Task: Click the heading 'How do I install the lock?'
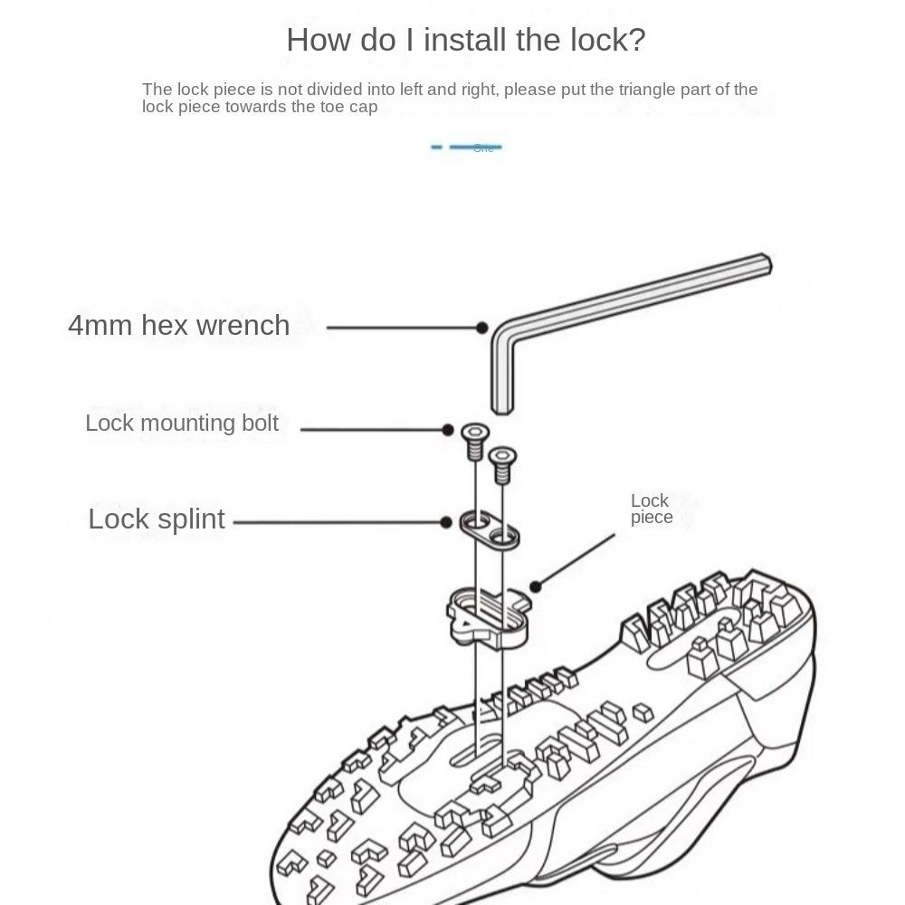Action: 465,40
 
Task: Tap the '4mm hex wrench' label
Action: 179,326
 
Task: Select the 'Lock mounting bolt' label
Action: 182,424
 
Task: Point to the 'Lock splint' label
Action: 157,519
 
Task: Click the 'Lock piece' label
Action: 651,509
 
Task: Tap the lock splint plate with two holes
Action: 490,530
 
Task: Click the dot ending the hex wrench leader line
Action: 482,328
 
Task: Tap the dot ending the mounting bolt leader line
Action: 448,430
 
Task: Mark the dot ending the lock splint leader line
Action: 446,522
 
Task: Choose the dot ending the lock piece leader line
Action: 536,587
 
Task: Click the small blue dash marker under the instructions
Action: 436,147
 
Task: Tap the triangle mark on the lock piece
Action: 462,624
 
